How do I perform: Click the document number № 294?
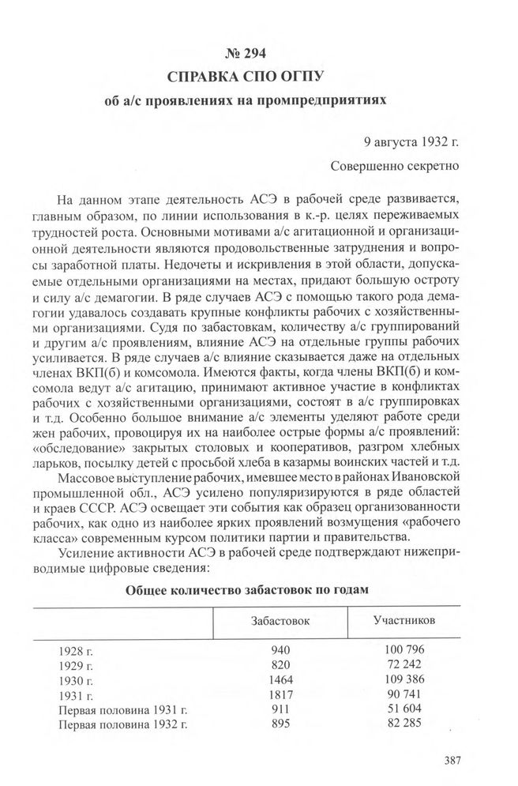258,55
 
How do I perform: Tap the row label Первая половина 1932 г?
115,724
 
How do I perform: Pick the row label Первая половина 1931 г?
115,709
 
